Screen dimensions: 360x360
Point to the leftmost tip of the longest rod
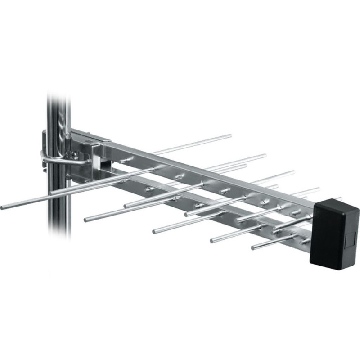[x=3, y=207]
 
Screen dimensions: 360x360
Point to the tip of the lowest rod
[x=253, y=247]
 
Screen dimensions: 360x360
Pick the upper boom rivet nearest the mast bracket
[x=123, y=160]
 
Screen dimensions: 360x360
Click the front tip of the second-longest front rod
[x=85, y=220]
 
